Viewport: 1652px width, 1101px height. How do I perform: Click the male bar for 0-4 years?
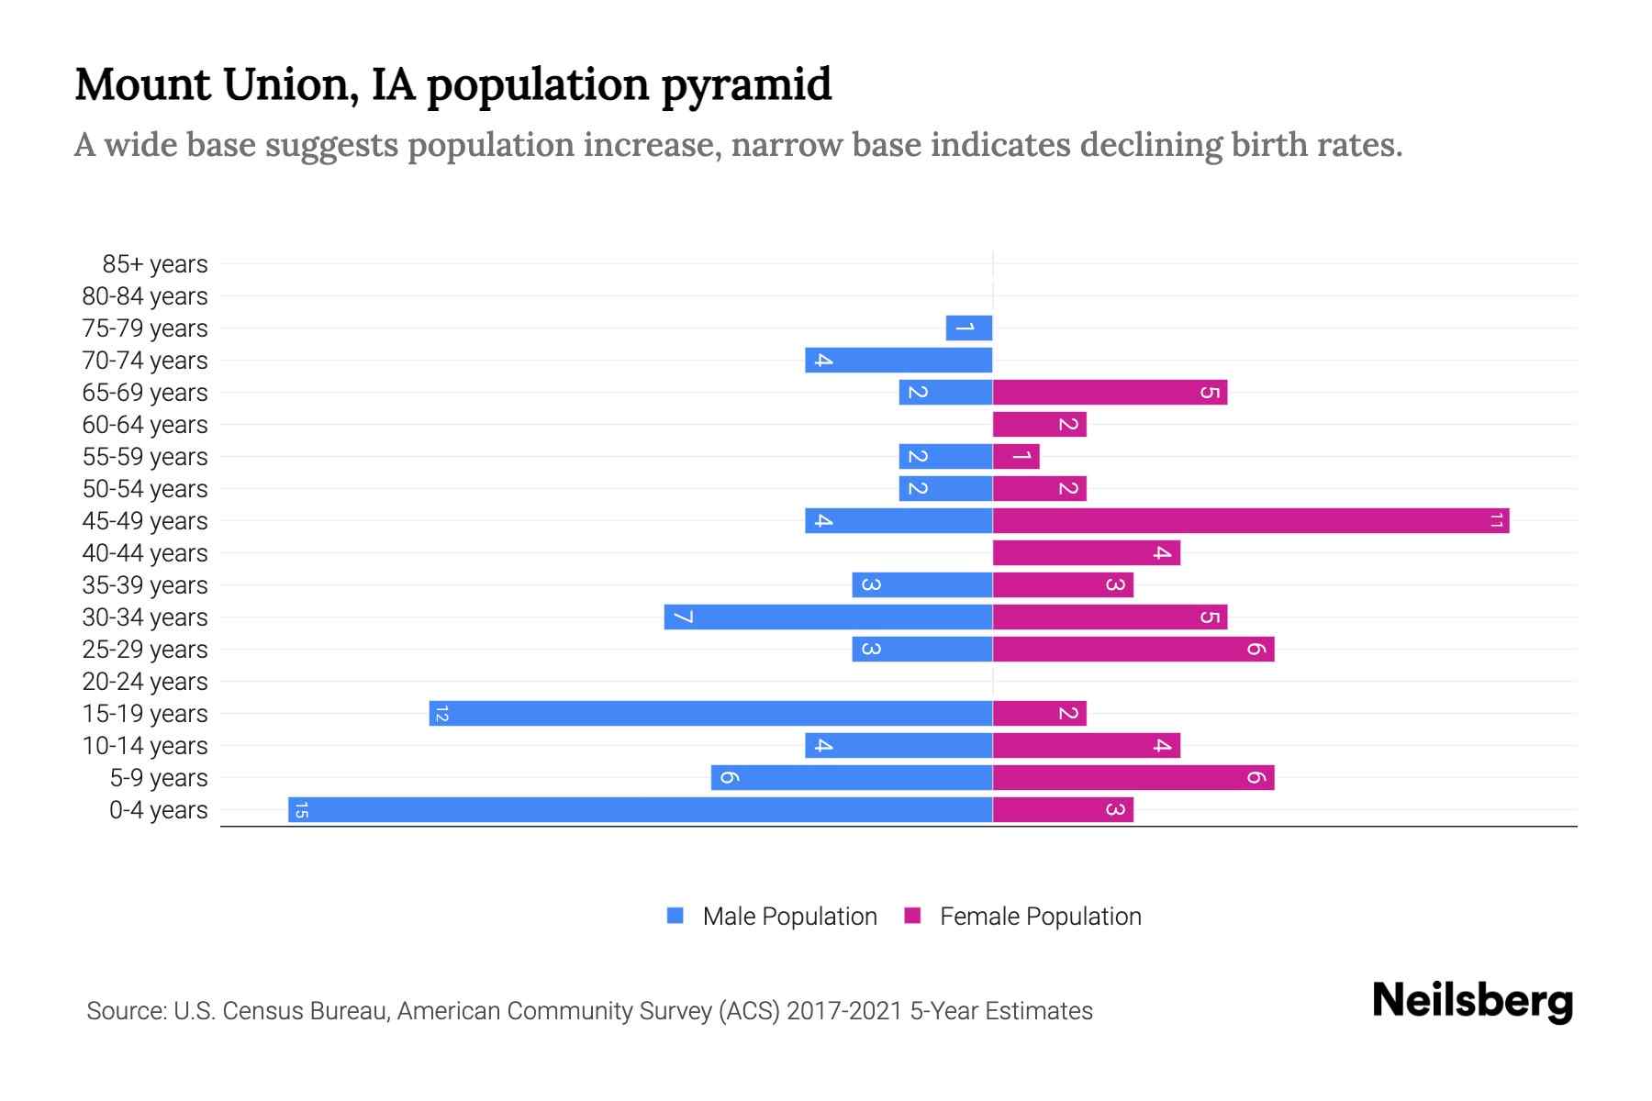pyautogui.click(x=640, y=810)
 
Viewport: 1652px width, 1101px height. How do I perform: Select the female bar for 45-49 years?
pyautogui.click(x=1250, y=521)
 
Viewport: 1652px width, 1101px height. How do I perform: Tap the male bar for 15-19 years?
pyautogui.click(x=710, y=714)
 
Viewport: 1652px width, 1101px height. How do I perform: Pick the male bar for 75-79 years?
pyautogui.click(x=969, y=328)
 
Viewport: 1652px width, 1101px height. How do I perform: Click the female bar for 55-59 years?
pyautogui.click(x=1016, y=457)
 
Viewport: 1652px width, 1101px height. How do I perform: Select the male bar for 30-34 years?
pyautogui.click(x=828, y=617)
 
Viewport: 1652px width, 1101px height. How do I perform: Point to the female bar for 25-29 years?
pyautogui.click(x=1133, y=650)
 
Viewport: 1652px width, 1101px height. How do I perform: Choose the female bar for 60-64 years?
pyautogui.click(x=1039, y=425)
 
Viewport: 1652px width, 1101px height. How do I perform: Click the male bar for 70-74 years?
pyautogui.click(x=899, y=361)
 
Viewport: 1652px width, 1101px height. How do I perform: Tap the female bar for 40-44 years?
pyautogui.click(x=1086, y=553)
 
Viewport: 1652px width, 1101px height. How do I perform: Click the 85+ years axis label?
pyautogui.click(x=155, y=264)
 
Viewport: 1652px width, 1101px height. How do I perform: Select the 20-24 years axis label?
pyautogui.click(x=145, y=682)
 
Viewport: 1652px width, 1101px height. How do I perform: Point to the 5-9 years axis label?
pyautogui.click(x=159, y=778)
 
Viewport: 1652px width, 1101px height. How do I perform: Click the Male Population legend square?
pyautogui.click(x=675, y=916)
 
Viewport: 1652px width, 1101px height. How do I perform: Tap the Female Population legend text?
pyautogui.click(x=1040, y=917)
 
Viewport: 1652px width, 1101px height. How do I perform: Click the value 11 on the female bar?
pyautogui.click(x=1496, y=521)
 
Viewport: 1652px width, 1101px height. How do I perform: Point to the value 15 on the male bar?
pyautogui.click(x=301, y=810)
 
